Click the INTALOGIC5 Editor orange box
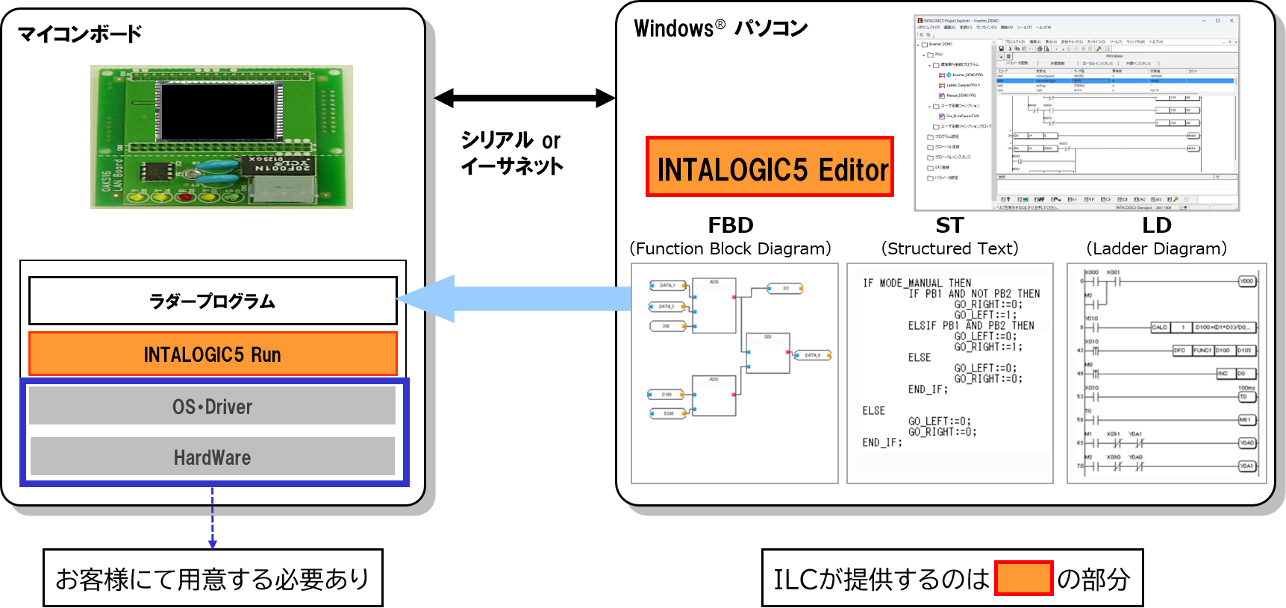coord(770,167)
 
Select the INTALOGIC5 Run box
coord(213,354)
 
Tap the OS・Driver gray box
coord(213,406)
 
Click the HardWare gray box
coord(213,457)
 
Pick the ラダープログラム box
coord(213,301)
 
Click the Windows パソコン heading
coord(720,29)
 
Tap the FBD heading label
coord(730,225)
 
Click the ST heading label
coord(949,225)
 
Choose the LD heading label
coord(1156,225)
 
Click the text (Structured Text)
coord(949,248)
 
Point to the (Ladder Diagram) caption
coord(1156,248)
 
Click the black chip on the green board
coord(218,112)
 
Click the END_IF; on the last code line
coord(882,442)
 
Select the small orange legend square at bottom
coord(1023,578)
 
